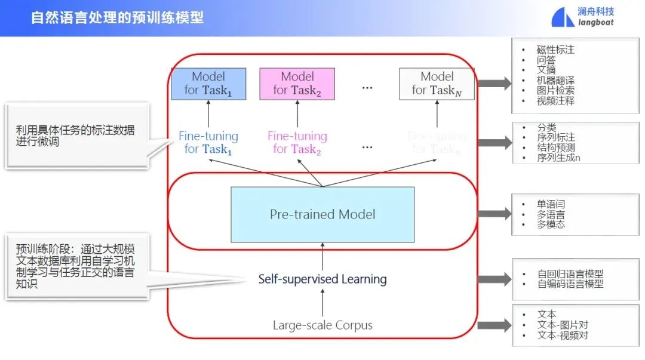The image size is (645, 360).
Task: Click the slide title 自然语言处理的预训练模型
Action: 117,17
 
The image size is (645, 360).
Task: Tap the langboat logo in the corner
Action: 582,17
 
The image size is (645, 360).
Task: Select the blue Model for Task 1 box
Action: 208,84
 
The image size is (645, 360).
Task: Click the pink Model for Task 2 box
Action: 297,84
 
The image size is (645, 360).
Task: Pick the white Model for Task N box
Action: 437,84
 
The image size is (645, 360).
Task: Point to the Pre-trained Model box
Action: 322,214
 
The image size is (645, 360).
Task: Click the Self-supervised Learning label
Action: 322,279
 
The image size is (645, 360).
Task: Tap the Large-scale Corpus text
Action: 322,325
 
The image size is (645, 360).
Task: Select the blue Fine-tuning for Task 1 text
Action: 208,143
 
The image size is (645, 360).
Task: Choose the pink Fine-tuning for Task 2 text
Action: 297,143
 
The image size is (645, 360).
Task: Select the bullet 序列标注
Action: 555,138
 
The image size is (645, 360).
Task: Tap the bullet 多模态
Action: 551,224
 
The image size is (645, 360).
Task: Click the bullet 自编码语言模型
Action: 570,284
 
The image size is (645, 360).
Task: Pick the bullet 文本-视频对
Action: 563,336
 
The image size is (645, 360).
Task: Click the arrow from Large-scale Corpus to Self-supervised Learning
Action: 322,303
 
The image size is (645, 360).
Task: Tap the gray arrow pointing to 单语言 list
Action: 494,214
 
